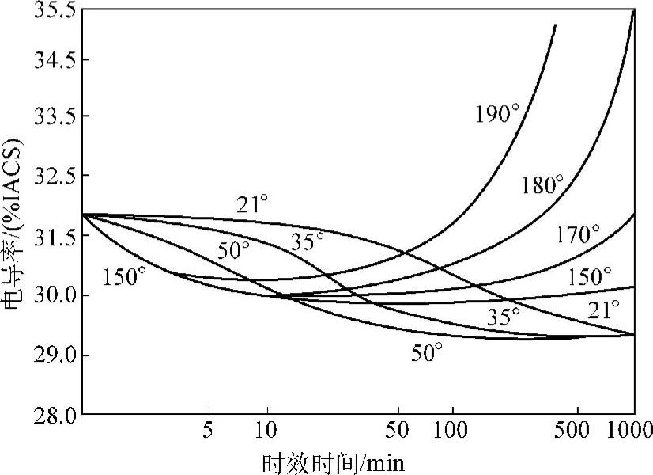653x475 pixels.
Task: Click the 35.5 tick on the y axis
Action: coord(50,12)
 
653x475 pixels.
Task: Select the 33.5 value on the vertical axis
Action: coord(50,117)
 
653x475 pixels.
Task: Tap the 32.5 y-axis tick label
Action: coord(50,176)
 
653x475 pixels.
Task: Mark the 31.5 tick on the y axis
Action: coord(50,235)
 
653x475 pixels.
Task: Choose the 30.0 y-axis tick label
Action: coord(50,295)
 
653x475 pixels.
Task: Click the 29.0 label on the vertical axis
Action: coord(50,355)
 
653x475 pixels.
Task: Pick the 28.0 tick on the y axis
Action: coord(50,413)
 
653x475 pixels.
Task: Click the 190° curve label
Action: coord(497,112)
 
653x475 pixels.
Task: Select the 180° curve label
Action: coord(542,185)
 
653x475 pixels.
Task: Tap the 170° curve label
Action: coord(578,234)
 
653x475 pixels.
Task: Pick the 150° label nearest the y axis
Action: coord(124,277)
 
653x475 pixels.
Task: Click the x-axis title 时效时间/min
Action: coord(333,462)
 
